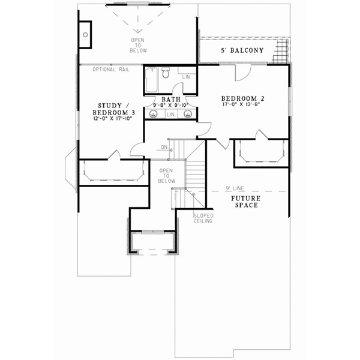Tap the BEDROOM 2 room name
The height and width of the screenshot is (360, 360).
tap(243, 98)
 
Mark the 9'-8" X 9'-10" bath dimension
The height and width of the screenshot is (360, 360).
tap(170, 105)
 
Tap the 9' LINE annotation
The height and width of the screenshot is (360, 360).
tap(235, 188)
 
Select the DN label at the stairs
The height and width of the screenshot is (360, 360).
tap(164, 147)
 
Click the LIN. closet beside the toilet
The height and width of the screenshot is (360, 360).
tap(186, 77)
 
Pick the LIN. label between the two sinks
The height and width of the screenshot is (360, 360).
tap(170, 114)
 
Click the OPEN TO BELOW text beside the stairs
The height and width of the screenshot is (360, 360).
tap(166, 176)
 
